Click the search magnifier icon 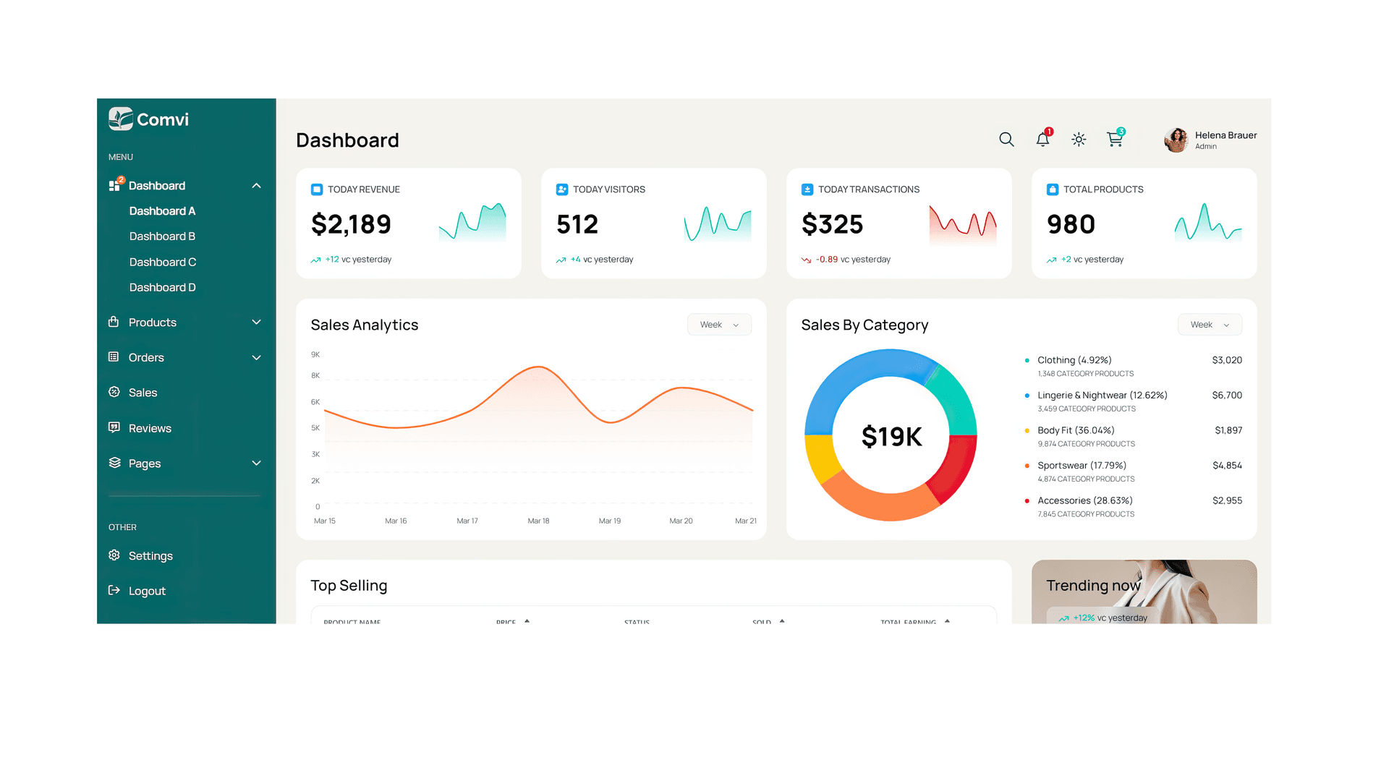click(x=1006, y=140)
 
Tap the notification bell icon click(x=1042, y=140)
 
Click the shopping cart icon click(x=1115, y=140)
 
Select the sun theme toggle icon click(x=1079, y=140)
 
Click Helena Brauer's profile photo click(x=1176, y=140)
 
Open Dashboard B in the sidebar click(x=162, y=236)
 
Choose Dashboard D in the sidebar click(x=162, y=288)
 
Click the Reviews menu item click(x=150, y=428)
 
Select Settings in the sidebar click(x=150, y=556)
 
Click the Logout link click(x=147, y=592)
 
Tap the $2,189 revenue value click(x=351, y=224)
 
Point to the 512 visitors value click(x=577, y=224)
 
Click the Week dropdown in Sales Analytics click(x=719, y=325)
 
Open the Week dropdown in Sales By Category click(x=1210, y=325)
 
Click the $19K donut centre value click(x=891, y=437)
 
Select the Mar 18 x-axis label click(x=538, y=521)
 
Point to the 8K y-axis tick click(x=315, y=375)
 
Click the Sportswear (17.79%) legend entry click(x=1082, y=466)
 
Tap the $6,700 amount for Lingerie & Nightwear click(x=1227, y=396)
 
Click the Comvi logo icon click(x=121, y=119)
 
